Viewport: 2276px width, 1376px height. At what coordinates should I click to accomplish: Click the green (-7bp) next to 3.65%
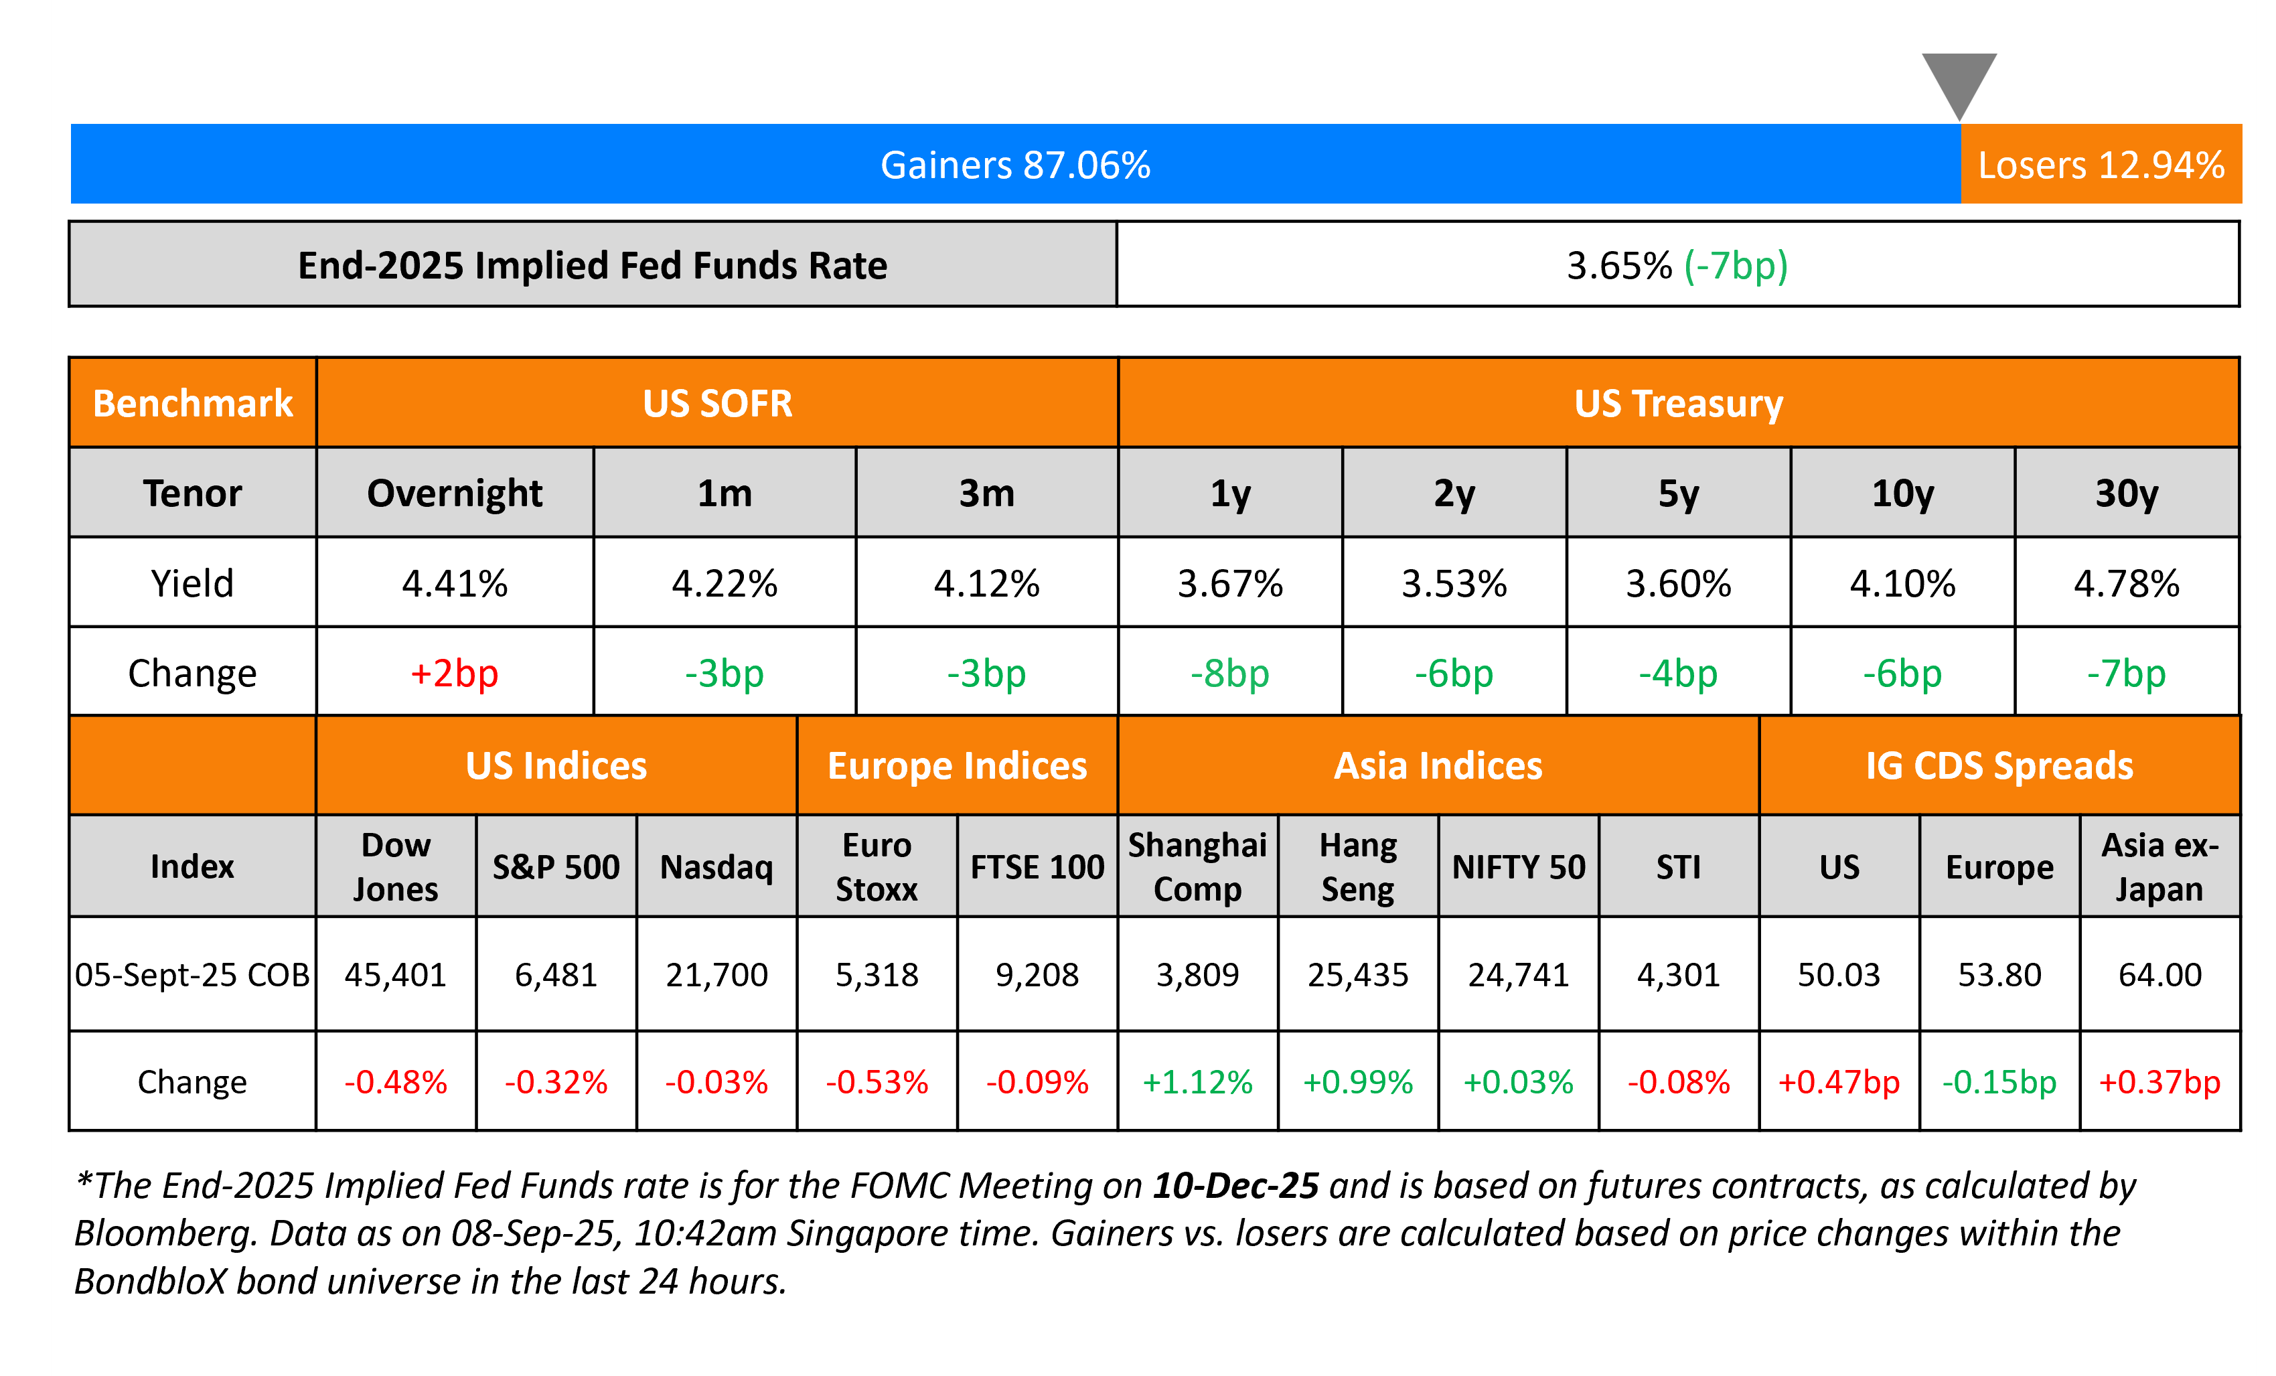1736,266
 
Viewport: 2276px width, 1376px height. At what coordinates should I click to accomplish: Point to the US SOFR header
716,404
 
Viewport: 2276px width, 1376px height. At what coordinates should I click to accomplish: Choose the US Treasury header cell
1677,404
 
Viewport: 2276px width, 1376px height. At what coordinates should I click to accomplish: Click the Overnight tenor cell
455,493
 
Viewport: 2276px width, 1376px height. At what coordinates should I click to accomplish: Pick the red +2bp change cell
455,673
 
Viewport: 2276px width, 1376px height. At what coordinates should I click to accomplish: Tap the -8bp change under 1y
1229,673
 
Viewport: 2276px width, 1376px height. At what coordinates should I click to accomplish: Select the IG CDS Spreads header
1999,765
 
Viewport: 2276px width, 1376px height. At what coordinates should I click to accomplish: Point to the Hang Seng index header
1358,867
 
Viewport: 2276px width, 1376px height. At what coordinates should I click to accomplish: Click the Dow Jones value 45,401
395,974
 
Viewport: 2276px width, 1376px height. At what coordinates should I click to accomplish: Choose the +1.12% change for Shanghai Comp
1197,1081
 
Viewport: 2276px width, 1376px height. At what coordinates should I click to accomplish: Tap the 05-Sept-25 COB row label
192,974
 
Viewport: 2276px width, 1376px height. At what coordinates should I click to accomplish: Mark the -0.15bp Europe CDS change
1999,1081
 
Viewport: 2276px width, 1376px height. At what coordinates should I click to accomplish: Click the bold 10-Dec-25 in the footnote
1235,1186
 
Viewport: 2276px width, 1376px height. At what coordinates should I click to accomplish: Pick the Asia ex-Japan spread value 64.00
2159,974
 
